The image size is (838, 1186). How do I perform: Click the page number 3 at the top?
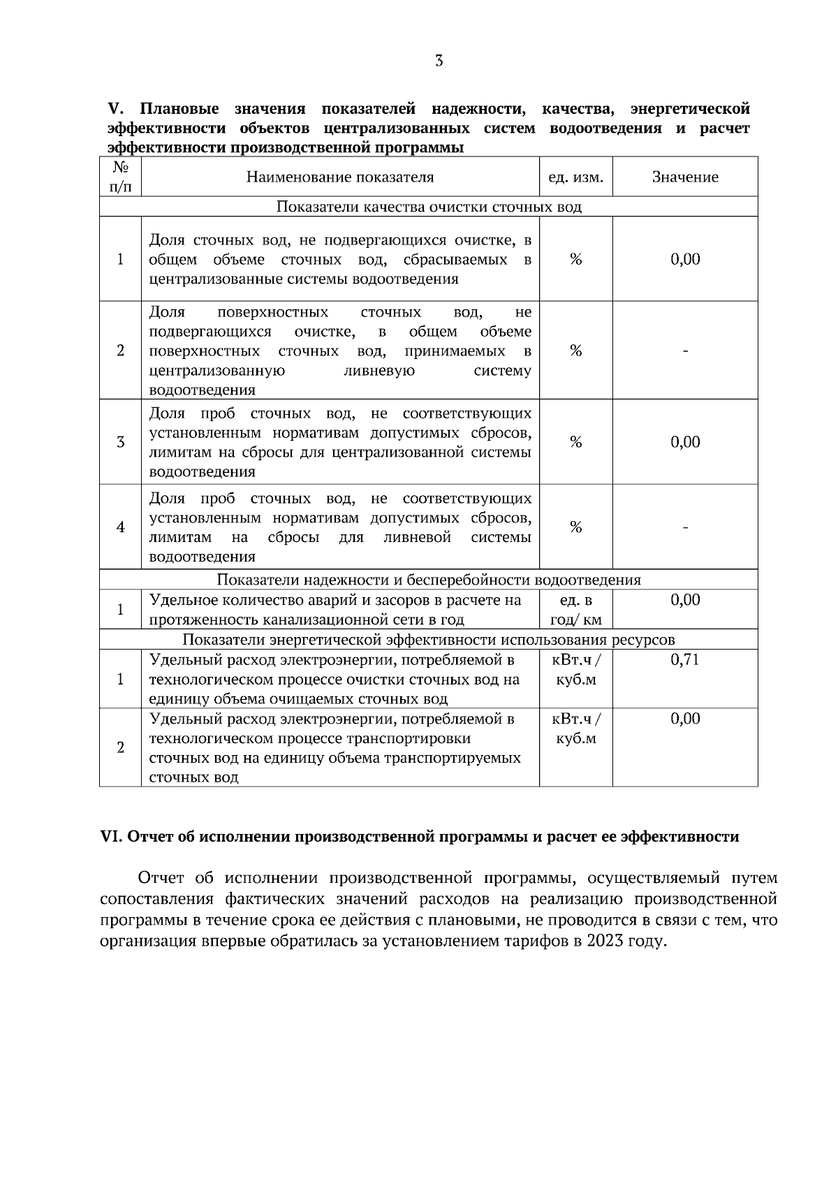pyautogui.click(x=439, y=61)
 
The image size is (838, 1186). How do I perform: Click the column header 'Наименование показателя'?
pyautogui.click(x=340, y=177)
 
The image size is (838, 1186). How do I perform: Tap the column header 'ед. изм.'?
pyautogui.click(x=575, y=177)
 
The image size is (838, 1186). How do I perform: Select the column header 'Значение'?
pyautogui.click(x=685, y=177)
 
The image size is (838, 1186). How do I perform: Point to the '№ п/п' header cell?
pyautogui.click(x=120, y=177)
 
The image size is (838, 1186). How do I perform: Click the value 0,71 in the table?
pyautogui.click(x=685, y=660)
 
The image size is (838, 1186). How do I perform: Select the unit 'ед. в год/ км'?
pyautogui.click(x=576, y=610)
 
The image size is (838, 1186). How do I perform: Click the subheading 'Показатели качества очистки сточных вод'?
pyautogui.click(x=429, y=207)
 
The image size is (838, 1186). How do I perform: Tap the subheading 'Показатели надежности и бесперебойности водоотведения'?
pyautogui.click(x=429, y=580)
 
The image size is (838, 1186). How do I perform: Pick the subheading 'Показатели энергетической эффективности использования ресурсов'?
pyautogui.click(x=429, y=640)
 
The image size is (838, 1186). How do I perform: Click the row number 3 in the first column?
pyautogui.click(x=120, y=442)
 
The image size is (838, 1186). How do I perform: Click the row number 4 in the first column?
pyautogui.click(x=120, y=527)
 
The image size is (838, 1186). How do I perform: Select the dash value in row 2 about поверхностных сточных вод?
pyautogui.click(x=685, y=351)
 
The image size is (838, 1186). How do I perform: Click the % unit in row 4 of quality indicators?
pyautogui.click(x=576, y=527)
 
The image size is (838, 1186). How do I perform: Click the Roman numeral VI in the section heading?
pyautogui.click(x=112, y=837)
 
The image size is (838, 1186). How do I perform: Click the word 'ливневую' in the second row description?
pyautogui.click(x=380, y=371)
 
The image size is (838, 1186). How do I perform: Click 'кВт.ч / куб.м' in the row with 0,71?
pyautogui.click(x=576, y=670)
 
